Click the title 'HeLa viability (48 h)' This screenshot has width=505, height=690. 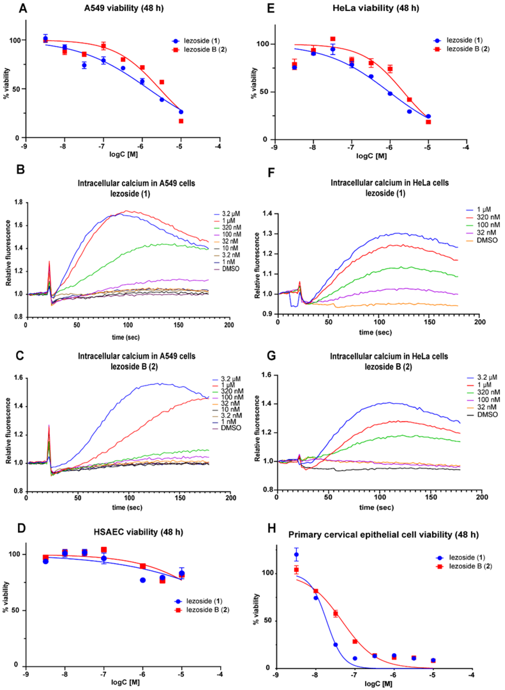pos(376,8)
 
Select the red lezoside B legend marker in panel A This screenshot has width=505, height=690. pos(176,50)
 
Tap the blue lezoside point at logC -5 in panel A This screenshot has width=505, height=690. pos(181,112)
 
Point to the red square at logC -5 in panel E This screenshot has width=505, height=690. pos(428,122)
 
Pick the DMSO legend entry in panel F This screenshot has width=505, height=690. pos(487,240)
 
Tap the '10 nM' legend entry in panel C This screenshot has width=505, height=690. pos(230,409)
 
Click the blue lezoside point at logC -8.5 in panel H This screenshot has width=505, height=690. pos(296,555)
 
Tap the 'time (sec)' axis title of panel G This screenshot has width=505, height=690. pos(376,508)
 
